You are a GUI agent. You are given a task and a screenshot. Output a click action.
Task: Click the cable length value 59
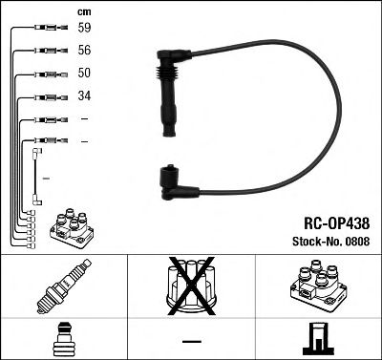pos(85,29)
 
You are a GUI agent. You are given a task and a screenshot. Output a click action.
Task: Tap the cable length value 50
pos(85,74)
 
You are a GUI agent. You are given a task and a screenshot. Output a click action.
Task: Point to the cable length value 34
pos(85,96)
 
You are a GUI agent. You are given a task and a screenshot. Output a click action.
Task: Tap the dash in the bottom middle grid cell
pos(191,341)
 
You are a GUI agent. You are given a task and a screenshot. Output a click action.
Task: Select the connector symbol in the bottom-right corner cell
pos(317,340)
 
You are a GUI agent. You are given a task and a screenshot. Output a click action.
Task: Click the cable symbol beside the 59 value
pos(46,29)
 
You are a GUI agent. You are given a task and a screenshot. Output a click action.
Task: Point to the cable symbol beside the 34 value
pos(46,96)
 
